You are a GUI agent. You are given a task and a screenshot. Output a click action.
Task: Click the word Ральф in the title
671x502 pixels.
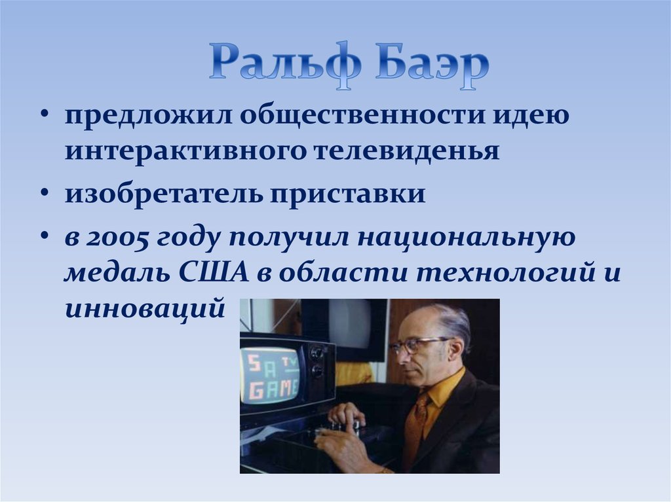[x=285, y=65]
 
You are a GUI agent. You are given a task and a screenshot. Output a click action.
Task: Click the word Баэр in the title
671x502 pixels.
[x=432, y=65]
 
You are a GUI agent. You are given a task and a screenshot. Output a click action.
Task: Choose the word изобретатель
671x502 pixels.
[x=164, y=193]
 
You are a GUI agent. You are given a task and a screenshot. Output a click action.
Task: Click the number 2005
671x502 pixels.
[x=117, y=238]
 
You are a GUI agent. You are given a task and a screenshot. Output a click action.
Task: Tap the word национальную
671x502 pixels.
[x=466, y=238]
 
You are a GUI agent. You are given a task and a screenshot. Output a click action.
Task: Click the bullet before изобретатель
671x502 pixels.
[x=45, y=193]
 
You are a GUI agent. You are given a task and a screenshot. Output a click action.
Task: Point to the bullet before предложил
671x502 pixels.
[x=45, y=115]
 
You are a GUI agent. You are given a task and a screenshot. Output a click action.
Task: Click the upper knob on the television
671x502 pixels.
[x=317, y=353]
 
